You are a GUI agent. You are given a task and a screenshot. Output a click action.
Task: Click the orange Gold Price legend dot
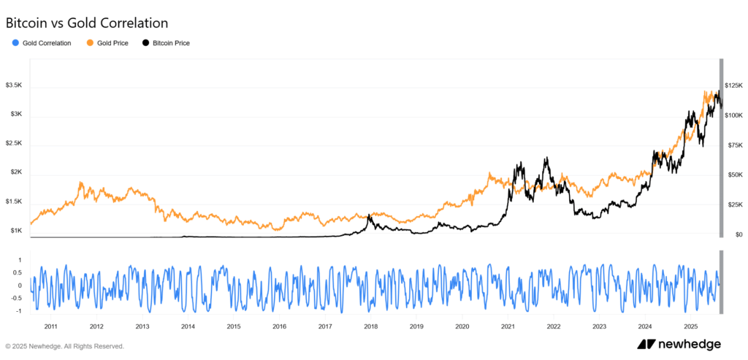click(89, 43)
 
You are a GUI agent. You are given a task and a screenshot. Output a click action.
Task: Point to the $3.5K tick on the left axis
click(15, 85)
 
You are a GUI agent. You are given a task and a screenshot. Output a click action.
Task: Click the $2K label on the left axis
click(16, 172)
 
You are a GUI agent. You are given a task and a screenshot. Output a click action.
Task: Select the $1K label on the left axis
click(16, 231)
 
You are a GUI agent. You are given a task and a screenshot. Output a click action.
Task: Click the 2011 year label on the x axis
click(51, 326)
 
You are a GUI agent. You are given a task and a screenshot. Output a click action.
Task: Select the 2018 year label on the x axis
click(370, 326)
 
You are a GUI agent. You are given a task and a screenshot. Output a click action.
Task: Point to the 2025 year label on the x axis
click(690, 326)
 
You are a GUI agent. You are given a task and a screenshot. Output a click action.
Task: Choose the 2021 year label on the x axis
click(508, 326)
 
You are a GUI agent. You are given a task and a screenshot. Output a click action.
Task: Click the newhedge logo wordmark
click(680, 344)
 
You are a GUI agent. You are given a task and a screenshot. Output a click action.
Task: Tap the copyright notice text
click(64, 346)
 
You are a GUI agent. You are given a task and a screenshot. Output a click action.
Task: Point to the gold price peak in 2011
click(80, 183)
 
